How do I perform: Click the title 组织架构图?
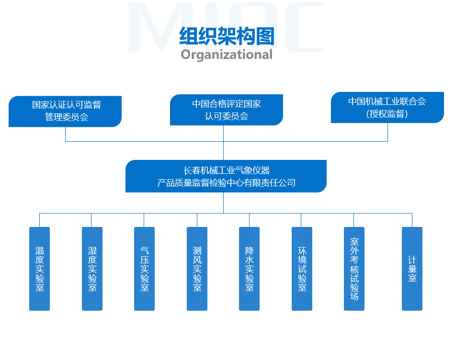tap(227, 36)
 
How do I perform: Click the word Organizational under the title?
tap(227, 55)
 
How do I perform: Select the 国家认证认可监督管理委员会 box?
tap(65, 112)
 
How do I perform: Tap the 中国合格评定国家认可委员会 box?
tap(227, 110)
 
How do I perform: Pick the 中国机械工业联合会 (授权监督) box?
tap(387, 107)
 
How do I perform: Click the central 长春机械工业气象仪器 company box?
tap(226, 176)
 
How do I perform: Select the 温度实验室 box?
tap(39, 269)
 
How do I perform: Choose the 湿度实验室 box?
tap(92, 269)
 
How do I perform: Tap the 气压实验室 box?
tap(144, 269)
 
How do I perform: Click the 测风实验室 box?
tap(197, 269)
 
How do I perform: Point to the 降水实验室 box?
tap(249, 269)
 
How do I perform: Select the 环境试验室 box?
tap(302, 269)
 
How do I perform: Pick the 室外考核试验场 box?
tap(354, 269)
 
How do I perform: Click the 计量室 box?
tap(412, 269)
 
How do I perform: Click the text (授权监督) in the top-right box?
tap(387, 114)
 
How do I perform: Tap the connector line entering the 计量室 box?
tap(412, 220)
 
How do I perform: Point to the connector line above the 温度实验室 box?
tap(39, 220)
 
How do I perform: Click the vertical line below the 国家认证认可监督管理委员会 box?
tap(65, 134)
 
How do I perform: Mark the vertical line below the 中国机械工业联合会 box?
tap(387, 132)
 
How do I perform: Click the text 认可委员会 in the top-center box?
tap(227, 116)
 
